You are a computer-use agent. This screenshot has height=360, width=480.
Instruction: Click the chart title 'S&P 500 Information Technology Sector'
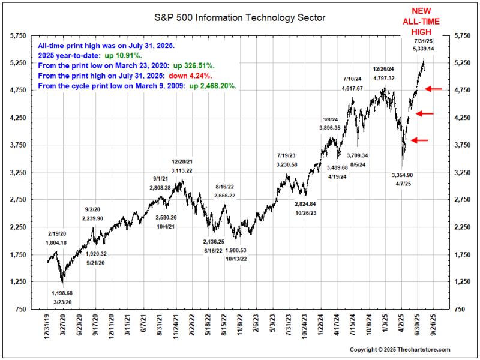pyautogui.click(x=240, y=17)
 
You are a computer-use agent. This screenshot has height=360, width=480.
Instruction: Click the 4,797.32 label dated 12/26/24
pyautogui.click(x=383, y=78)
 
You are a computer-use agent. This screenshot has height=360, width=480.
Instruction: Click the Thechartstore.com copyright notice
pyautogui.click(x=400, y=349)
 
